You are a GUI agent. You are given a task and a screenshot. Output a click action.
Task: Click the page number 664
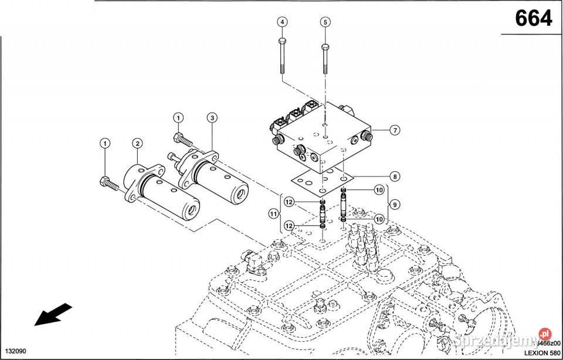(533, 19)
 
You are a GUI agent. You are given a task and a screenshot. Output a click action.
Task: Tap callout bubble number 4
(283, 22)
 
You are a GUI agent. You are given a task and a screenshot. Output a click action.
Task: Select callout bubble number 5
(324, 22)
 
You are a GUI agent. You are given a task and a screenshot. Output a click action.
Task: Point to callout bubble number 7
(395, 130)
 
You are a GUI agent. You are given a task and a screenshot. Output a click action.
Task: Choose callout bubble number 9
(395, 204)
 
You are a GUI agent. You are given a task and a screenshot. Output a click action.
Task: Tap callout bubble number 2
(137, 143)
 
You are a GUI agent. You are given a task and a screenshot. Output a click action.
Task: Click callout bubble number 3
(212, 118)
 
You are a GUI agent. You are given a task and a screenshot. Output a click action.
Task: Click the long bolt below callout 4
(283, 59)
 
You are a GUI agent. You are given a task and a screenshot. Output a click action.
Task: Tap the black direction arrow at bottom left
(53, 314)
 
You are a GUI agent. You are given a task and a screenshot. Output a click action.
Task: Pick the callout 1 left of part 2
(104, 143)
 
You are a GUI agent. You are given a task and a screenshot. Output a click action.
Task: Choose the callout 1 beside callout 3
(177, 118)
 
